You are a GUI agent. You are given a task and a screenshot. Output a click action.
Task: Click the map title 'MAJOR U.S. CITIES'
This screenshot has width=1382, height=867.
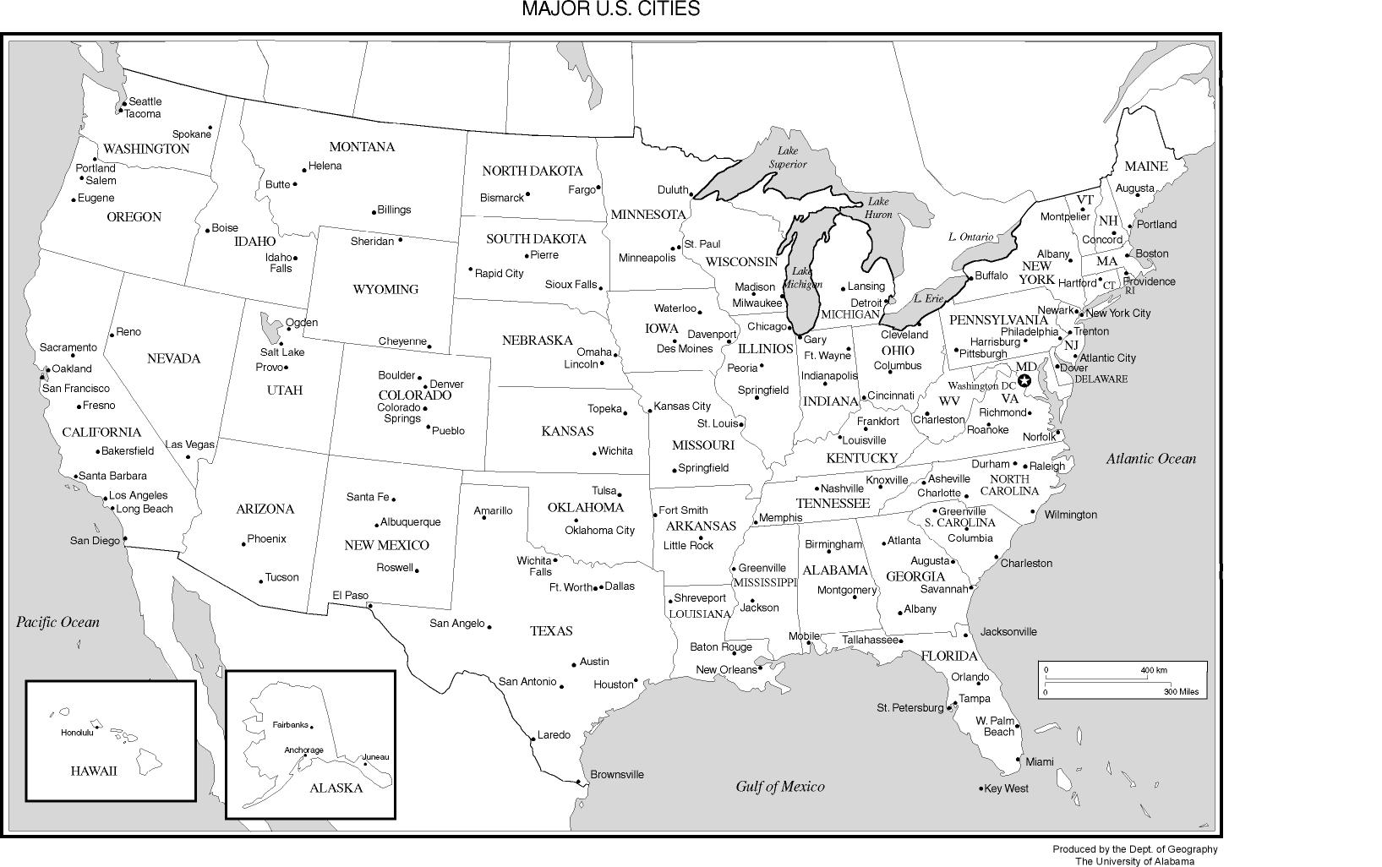(x=610, y=9)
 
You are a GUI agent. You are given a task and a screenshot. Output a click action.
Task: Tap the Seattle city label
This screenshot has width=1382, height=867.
(x=145, y=101)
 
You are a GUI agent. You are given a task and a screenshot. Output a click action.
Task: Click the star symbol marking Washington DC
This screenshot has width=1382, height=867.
(x=1024, y=381)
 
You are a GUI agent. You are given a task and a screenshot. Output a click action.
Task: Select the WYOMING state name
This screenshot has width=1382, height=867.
(x=385, y=289)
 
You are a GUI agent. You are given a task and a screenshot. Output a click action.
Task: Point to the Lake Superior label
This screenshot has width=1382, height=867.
(x=787, y=157)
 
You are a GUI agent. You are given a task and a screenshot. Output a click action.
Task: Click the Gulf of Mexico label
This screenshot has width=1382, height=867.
(x=779, y=787)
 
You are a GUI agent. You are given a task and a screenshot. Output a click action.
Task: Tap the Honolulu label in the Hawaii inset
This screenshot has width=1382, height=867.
(x=77, y=733)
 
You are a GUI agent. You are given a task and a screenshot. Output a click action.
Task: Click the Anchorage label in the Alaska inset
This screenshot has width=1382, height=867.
(x=303, y=750)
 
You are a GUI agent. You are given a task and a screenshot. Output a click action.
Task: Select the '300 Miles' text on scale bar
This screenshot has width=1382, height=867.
(x=1181, y=692)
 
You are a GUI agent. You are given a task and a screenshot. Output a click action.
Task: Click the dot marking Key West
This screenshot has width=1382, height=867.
(x=981, y=789)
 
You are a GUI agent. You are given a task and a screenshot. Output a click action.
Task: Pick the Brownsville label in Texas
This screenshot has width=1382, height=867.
(x=617, y=774)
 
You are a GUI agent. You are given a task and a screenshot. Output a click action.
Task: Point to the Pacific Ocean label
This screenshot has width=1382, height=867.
(x=58, y=622)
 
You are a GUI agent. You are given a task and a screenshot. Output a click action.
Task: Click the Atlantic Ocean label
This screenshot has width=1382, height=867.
(x=1151, y=459)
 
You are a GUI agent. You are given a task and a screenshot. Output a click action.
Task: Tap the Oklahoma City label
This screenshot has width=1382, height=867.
(x=599, y=531)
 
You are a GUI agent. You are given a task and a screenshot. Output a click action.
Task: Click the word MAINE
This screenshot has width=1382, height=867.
(x=1145, y=166)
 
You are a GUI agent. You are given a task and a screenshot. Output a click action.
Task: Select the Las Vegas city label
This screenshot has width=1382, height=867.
(x=189, y=444)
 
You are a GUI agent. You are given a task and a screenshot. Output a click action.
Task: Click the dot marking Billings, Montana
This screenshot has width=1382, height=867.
(x=374, y=212)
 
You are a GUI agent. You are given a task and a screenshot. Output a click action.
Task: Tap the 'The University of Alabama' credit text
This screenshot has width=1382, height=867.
(x=1134, y=861)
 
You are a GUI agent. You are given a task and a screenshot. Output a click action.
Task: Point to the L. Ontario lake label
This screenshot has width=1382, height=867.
(x=970, y=237)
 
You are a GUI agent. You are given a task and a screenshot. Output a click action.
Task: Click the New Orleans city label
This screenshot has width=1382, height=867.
(x=726, y=670)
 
